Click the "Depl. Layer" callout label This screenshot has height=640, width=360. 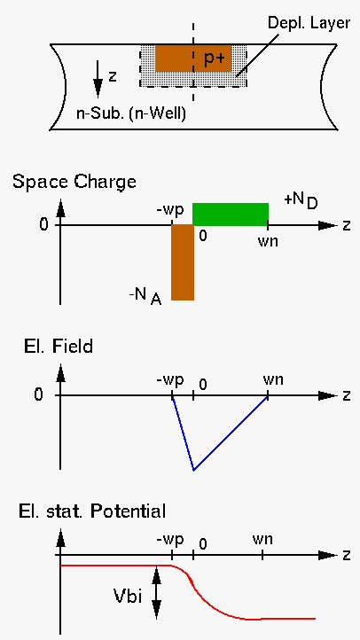point(309,23)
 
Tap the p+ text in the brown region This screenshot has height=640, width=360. point(215,59)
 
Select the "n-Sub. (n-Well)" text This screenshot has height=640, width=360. point(131,113)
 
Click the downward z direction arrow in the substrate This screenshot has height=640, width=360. point(98,79)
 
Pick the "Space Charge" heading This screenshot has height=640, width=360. point(74,182)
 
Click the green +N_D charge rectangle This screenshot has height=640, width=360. point(231,215)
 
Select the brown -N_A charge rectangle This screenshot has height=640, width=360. point(183,262)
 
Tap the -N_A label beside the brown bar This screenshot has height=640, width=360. point(145,296)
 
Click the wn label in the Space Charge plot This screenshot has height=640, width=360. point(268,241)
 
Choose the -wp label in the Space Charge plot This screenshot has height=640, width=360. point(169,211)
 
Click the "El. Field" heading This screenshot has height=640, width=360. point(57,347)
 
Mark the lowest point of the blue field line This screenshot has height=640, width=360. point(193,470)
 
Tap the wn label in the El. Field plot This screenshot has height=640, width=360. point(273,380)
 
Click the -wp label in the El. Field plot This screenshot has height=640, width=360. point(169,381)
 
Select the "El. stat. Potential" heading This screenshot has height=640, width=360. point(92,511)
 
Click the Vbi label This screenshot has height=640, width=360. point(128,597)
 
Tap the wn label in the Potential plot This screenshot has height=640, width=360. point(262,540)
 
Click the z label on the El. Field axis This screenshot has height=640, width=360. point(347,395)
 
